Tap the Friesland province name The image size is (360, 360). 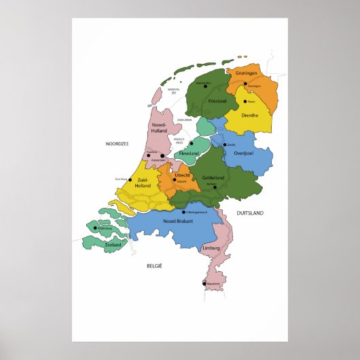point(217,101)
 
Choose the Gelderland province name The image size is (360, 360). point(213,178)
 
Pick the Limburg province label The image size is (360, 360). point(212,249)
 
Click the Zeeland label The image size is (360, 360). point(113,245)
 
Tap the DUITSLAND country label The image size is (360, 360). point(249,213)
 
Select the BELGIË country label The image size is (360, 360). point(154,266)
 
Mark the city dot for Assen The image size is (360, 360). point(245,102)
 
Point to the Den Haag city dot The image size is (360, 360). point(130,180)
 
